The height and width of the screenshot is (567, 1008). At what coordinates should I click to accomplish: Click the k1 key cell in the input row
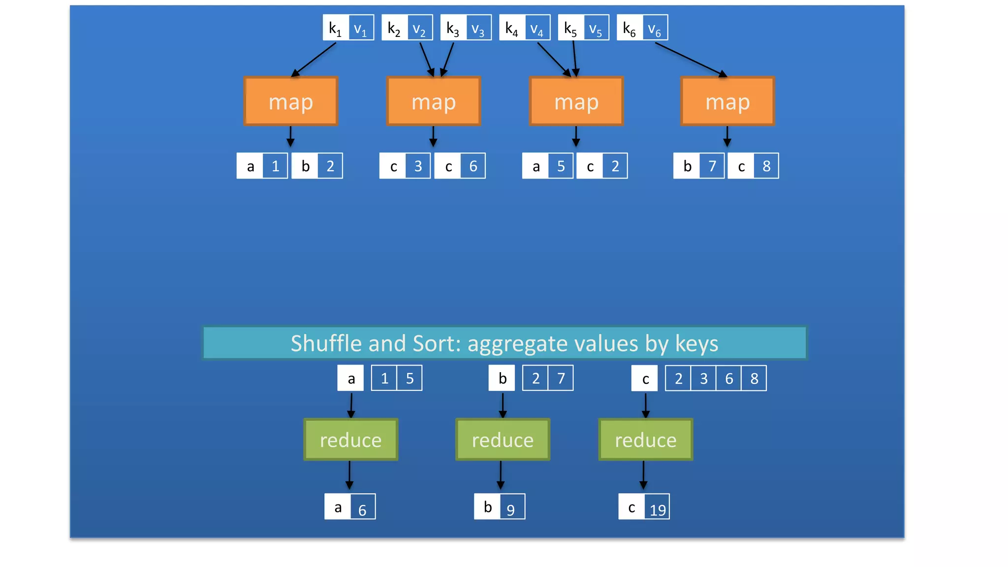tap(336, 28)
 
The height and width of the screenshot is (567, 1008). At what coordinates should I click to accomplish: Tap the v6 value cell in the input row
tap(655, 28)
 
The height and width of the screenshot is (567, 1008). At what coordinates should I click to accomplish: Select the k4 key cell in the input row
tap(512, 28)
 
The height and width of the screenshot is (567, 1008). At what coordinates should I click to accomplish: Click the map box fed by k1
tap(291, 101)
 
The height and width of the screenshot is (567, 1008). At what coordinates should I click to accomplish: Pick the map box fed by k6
tap(727, 101)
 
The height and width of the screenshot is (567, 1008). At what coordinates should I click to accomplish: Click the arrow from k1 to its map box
tap(314, 60)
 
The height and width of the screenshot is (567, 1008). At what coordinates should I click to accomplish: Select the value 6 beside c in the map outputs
tap(473, 166)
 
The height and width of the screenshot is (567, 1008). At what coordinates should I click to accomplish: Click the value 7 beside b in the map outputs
tap(712, 166)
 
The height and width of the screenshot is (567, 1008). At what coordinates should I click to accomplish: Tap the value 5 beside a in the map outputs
tap(561, 166)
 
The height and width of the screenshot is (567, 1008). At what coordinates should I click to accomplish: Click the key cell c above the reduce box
tap(645, 378)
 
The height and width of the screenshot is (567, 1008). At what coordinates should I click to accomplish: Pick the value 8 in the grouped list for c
tap(754, 378)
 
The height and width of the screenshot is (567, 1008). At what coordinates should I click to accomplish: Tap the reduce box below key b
tap(503, 440)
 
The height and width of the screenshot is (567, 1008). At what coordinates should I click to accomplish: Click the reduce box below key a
tap(350, 440)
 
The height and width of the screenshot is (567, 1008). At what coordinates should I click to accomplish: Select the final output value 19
tap(658, 507)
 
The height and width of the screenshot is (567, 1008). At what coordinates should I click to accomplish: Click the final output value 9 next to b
tap(511, 507)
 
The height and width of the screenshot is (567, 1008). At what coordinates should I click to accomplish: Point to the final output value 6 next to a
tap(363, 507)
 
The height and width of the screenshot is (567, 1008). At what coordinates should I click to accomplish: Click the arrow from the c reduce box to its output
tap(643, 475)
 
